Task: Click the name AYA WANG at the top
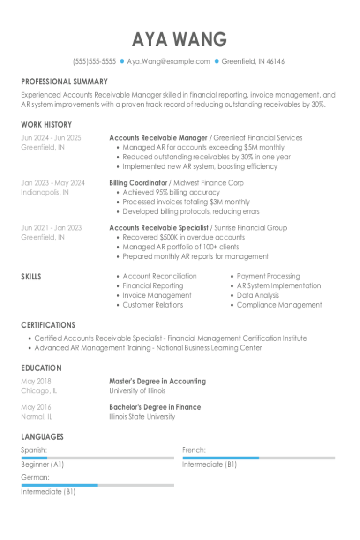[x=180, y=40]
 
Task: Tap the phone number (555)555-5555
[x=94, y=61]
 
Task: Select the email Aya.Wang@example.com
[x=168, y=61]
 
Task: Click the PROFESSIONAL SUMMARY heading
[x=64, y=82]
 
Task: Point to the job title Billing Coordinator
[x=138, y=183]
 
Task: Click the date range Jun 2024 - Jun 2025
[x=51, y=138]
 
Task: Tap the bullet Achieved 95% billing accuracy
[x=171, y=192]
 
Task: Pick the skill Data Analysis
[x=257, y=295]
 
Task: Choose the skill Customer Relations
[x=153, y=305]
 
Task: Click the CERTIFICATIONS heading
[x=48, y=325]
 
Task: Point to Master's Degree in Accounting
[x=157, y=381]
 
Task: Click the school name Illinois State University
[x=142, y=416]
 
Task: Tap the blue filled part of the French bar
[x=220, y=457]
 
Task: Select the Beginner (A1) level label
[x=42, y=465]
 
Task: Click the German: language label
[x=35, y=477]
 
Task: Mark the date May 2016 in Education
[x=36, y=407]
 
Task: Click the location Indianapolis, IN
[x=45, y=192]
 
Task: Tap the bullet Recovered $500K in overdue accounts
[x=183, y=237]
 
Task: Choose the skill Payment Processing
[x=268, y=276]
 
